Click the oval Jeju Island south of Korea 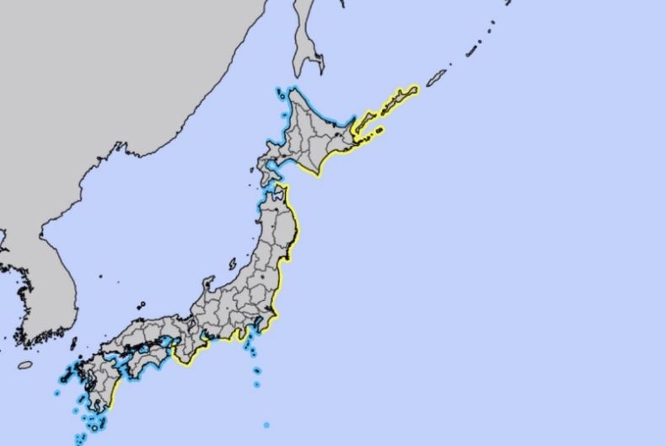coord(25,365)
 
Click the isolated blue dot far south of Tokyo coord(266,425)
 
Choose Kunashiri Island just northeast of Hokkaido coord(363,126)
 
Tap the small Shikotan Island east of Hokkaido coord(379,131)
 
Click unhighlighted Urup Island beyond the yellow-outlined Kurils coord(436,78)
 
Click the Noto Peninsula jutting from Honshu coord(205,284)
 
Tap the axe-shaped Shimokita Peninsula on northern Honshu coord(277,193)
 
